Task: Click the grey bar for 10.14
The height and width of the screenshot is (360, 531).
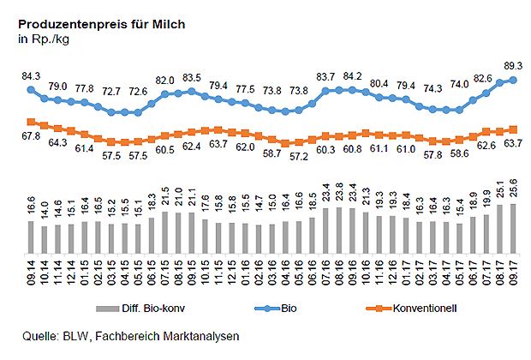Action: pyautogui.click(x=45, y=237)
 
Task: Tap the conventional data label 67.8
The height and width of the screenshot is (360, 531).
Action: pyautogui.click(x=31, y=135)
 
